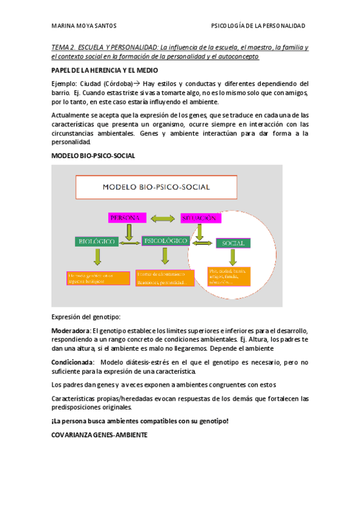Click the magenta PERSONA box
(x=126, y=217)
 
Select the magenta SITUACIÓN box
(x=198, y=217)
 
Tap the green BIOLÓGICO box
(x=96, y=242)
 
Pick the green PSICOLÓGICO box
(x=165, y=241)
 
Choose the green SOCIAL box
(x=233, y=243)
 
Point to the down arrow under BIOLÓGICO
(x=96, y=257)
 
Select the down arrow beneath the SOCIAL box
(x=233, y=257)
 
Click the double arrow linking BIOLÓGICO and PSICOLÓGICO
(x=129, y=242)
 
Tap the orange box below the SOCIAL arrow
(x=228, y=276)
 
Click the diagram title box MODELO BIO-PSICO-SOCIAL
(x=156, y=187)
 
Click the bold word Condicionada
(x=72, y=362)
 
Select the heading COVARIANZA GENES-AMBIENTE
(x=99, y=434)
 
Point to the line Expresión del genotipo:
(x=86, y=316)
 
